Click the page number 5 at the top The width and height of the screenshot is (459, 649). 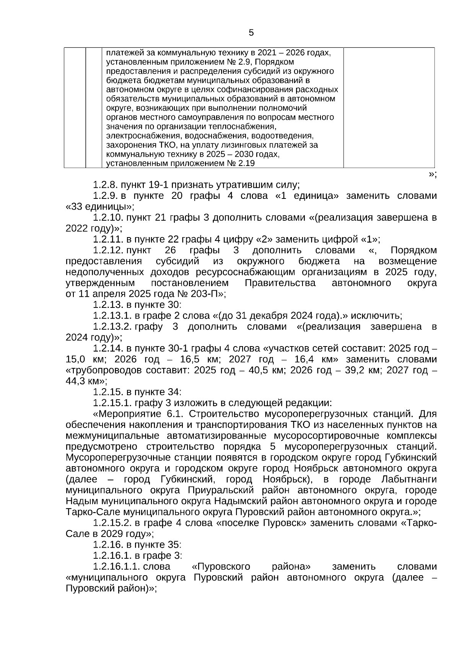pyautogui.click(x=251, y=33)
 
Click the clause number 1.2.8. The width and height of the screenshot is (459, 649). pyautogui.click(x=105, y=185)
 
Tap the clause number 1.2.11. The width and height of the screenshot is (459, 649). pyautogui.click(x=107, y=240)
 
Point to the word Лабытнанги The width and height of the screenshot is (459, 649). pyautogui.click(x=409, y=480)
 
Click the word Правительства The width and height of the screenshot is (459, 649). pyautogui.click(x=280, y=283)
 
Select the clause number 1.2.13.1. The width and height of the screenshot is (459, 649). pyautogui.click(x=112, y=316)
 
